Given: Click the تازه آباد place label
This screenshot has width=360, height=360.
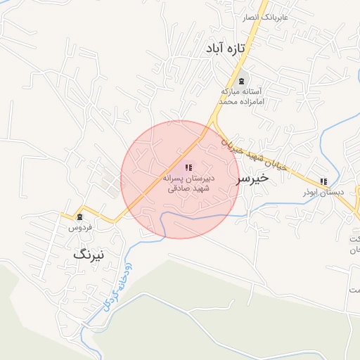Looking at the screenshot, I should (225, 49).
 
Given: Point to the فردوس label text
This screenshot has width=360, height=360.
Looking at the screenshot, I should (79, 227).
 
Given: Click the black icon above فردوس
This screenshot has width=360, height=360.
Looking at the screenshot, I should (79, 217).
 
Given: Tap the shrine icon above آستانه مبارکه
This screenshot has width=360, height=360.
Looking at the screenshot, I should (242, 82).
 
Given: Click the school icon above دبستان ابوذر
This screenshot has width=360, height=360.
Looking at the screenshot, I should (323, 181).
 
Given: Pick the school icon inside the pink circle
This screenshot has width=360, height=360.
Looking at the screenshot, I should (188, 167).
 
